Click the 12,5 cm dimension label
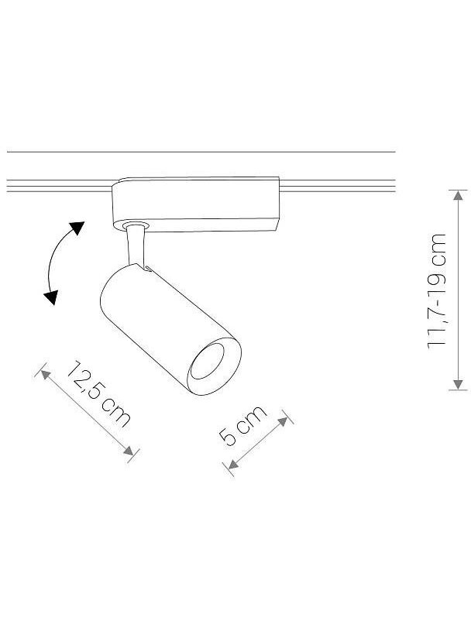[98, 393]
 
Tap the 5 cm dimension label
[242, 425]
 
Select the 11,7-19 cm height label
[437, 291]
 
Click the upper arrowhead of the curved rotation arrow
[76, 228]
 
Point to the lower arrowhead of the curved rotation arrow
[51, 297]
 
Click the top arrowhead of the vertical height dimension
[458, 195]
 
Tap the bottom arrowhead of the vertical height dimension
[458, 384]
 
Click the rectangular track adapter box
[196, 204]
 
